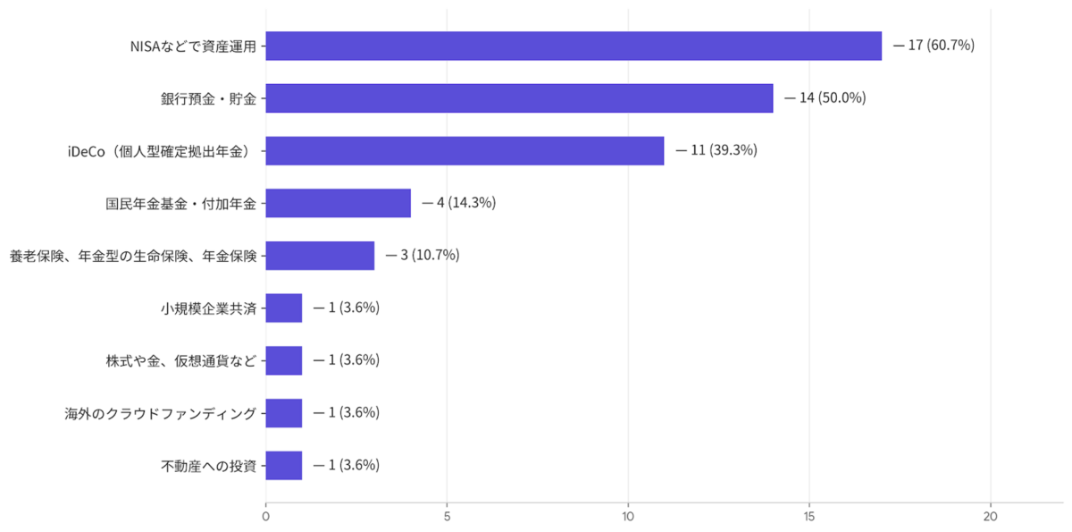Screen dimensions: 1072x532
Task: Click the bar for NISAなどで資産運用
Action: [x=574, y=46]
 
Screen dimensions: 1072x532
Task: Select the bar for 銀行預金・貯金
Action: [x=519, y=98]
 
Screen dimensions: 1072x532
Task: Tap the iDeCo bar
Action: [x=465, y=151]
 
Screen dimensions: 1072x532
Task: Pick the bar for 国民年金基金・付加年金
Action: [x=339, y=203]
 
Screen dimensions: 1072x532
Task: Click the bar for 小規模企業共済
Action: [x=284, y=308]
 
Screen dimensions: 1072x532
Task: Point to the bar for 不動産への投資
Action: [x=284, y=466]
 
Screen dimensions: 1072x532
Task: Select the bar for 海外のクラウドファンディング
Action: [x=284, y=413]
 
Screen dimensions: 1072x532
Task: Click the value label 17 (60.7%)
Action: [x=941, y=45]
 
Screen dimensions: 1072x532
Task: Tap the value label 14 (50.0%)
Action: [x=833, y=97]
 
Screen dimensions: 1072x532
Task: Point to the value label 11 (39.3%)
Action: [x=724, y=150]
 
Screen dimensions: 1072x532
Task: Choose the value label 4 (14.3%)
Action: [x=466, y=203]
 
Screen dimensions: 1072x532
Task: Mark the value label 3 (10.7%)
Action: [x=430, y=255]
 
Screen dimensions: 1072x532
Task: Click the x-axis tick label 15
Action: [x=809, y=517]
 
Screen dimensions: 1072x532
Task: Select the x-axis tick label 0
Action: [x=265, y=517]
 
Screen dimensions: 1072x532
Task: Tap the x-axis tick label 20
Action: [x=990, y=517]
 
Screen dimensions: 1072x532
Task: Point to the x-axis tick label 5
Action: [x=447, y=517]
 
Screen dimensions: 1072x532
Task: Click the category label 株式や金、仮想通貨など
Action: [x=180, y=360]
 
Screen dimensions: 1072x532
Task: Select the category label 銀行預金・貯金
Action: [x=209, y=98]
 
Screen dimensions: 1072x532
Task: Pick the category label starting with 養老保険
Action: [x=133, y=257]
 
